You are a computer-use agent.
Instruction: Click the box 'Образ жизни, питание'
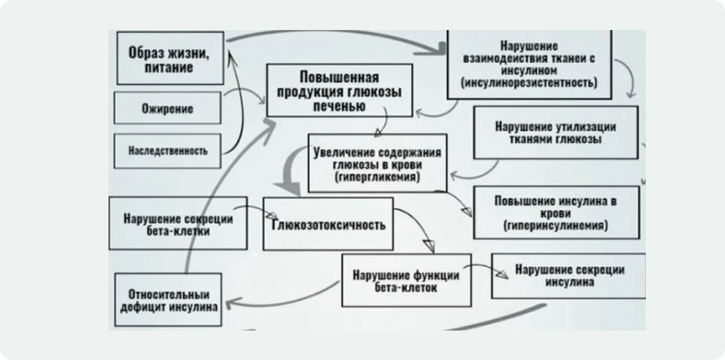tap(169, 58)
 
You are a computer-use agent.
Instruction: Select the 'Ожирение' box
tap(167, 109)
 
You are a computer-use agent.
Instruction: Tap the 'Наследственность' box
tap(167, 150)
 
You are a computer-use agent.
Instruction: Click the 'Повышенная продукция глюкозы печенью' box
tap(339, 91)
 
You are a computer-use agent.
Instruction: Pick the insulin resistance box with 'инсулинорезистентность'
tap(529, 64)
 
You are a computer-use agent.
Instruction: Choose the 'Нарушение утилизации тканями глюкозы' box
tap(555, 132)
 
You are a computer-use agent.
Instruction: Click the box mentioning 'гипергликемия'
tap(377, 164)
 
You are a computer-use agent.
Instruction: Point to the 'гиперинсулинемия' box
tap(556, 212)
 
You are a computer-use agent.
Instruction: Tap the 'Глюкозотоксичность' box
tap(328, 224)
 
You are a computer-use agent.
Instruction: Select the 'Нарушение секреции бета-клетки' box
tap(178, 223)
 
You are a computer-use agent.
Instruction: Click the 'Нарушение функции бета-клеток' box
tap(406, 280)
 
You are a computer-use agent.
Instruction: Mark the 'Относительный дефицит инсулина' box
tap(167, 300)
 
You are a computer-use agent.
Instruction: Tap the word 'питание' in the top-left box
tap(169, 67)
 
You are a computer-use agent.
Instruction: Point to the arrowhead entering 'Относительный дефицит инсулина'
tap(228, 301)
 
